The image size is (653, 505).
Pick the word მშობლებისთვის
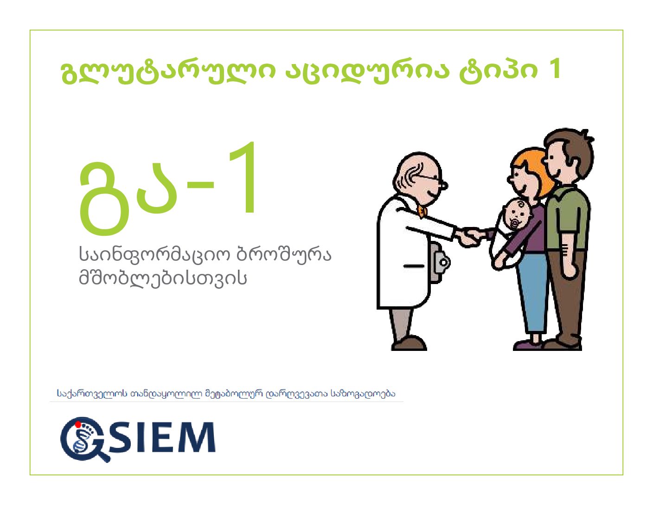[163, 278]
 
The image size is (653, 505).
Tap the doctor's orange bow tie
[422, 212]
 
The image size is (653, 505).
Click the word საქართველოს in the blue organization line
[92, 394]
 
